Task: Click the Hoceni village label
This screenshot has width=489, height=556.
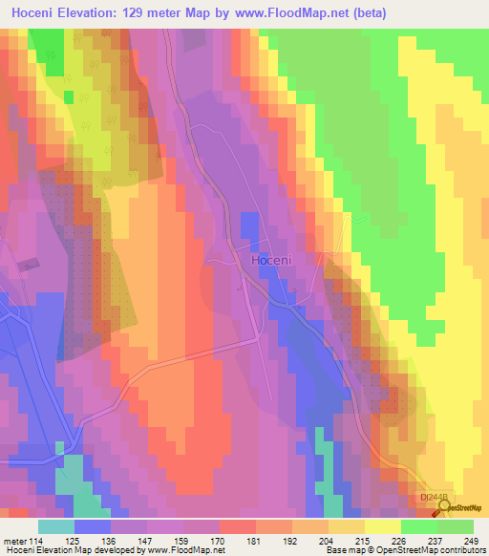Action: [270, 259]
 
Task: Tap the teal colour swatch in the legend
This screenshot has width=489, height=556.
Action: [56, 526]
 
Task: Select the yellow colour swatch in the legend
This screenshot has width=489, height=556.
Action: [382, 526]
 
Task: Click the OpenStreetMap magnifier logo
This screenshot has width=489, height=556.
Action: [442, 507]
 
